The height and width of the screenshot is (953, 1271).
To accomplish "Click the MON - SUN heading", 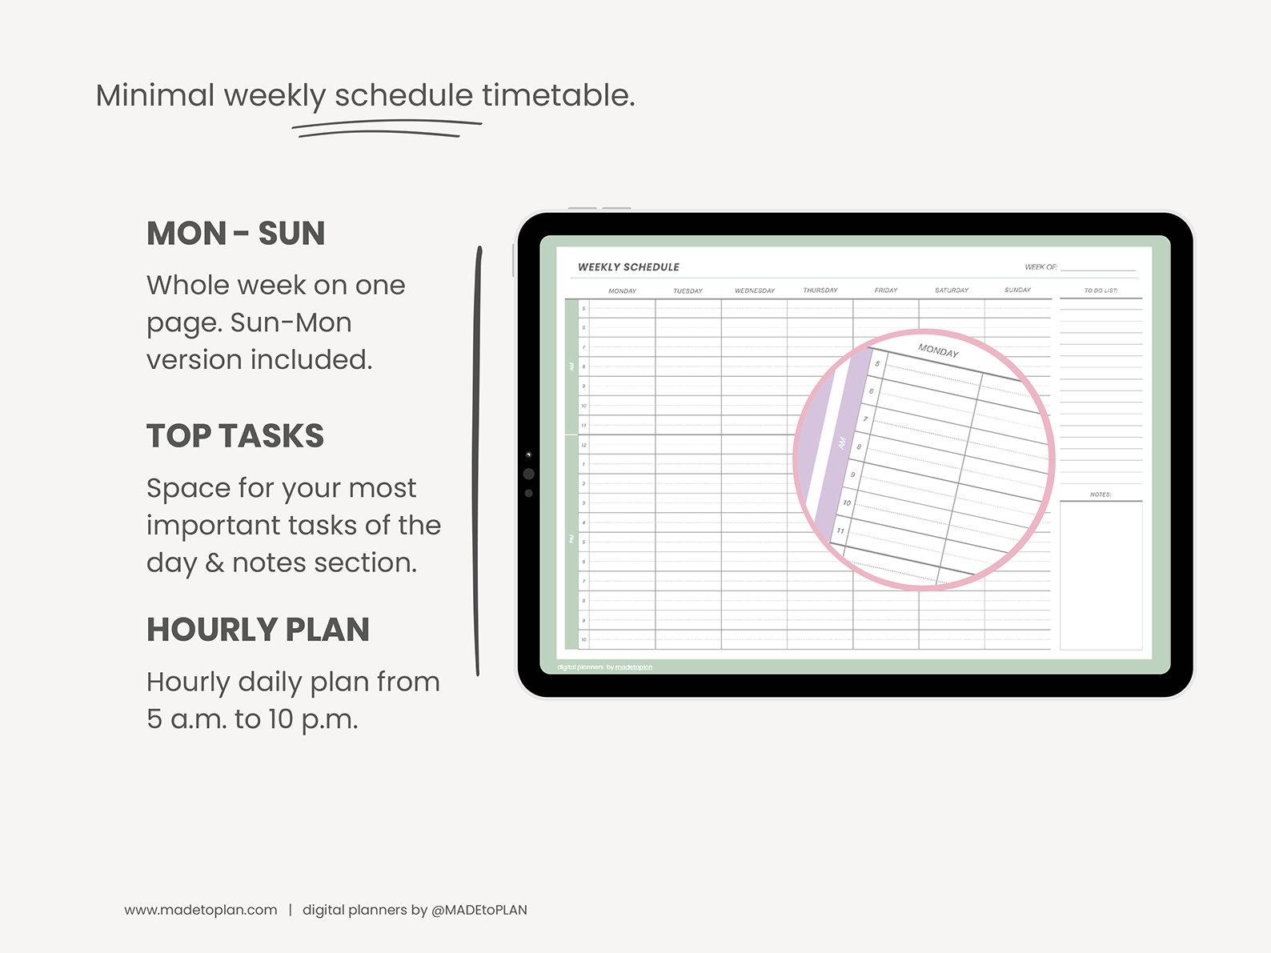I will click(x=235, y=234).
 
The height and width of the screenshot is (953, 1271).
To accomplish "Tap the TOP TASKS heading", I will click(x=235, y=436).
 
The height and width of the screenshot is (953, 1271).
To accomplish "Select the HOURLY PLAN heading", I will click(x=258, y=630).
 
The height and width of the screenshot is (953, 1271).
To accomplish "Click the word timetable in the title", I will click(x=558, y=95).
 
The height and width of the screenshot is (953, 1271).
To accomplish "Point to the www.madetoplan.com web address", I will click(x=200, y=910).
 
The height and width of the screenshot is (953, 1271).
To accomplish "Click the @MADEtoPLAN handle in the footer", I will click(x=479, y=910).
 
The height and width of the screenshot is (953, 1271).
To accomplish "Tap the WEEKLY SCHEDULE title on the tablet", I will click(x=628, y=267).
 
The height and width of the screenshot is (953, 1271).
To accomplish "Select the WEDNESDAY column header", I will click(x=754, y=290).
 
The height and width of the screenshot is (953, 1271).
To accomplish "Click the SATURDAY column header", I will click(x=951, y=290).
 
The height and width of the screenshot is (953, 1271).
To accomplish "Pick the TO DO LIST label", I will click(x=1101, y=290).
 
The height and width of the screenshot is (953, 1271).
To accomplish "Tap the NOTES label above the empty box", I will click(x=1101, y=495).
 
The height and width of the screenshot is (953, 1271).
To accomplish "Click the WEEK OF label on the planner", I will click(x=1040, y=267).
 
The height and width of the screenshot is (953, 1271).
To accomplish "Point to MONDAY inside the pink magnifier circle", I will click(x=938, y=350).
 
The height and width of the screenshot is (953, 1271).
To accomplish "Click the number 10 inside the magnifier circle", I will click(x=846, y=503).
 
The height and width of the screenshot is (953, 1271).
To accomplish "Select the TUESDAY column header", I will click(x=688, y=290).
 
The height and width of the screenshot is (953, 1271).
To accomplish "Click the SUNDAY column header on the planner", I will click(x=1017, y=290).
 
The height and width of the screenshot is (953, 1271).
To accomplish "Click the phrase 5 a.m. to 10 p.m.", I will click(x=252, y=719).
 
